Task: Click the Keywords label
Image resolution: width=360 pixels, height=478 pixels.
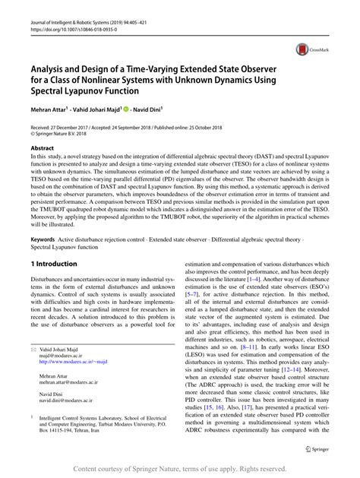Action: tap(43, 239)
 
